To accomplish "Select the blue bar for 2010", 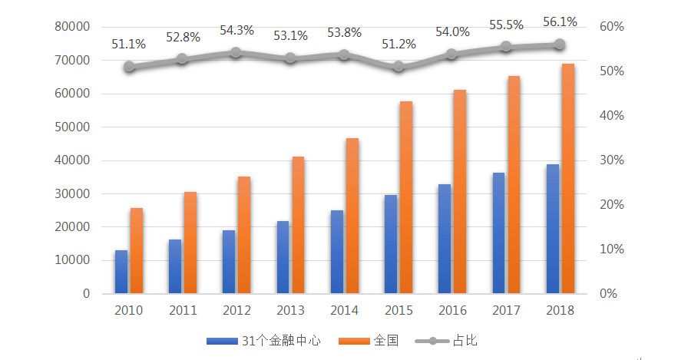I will click(x=121, y=272).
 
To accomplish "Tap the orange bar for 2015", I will click(x=405, y=197).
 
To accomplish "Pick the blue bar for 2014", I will click(x=337, y=252).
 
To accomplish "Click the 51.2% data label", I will click(x=399, y=44).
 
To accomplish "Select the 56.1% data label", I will click(x=560, y=21).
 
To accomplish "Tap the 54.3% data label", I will click(x=236, y=30).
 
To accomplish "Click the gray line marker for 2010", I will click(x=129, y=67).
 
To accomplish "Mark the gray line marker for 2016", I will click(x=451, y=54).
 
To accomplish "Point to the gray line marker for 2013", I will click(x=290, y=58).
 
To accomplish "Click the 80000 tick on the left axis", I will click(x=73, y=27).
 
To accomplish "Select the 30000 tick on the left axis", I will click(x=73, y=194).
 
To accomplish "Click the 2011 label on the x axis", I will click(x=183, y=311).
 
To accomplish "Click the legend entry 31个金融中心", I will click(x=263, y=340).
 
